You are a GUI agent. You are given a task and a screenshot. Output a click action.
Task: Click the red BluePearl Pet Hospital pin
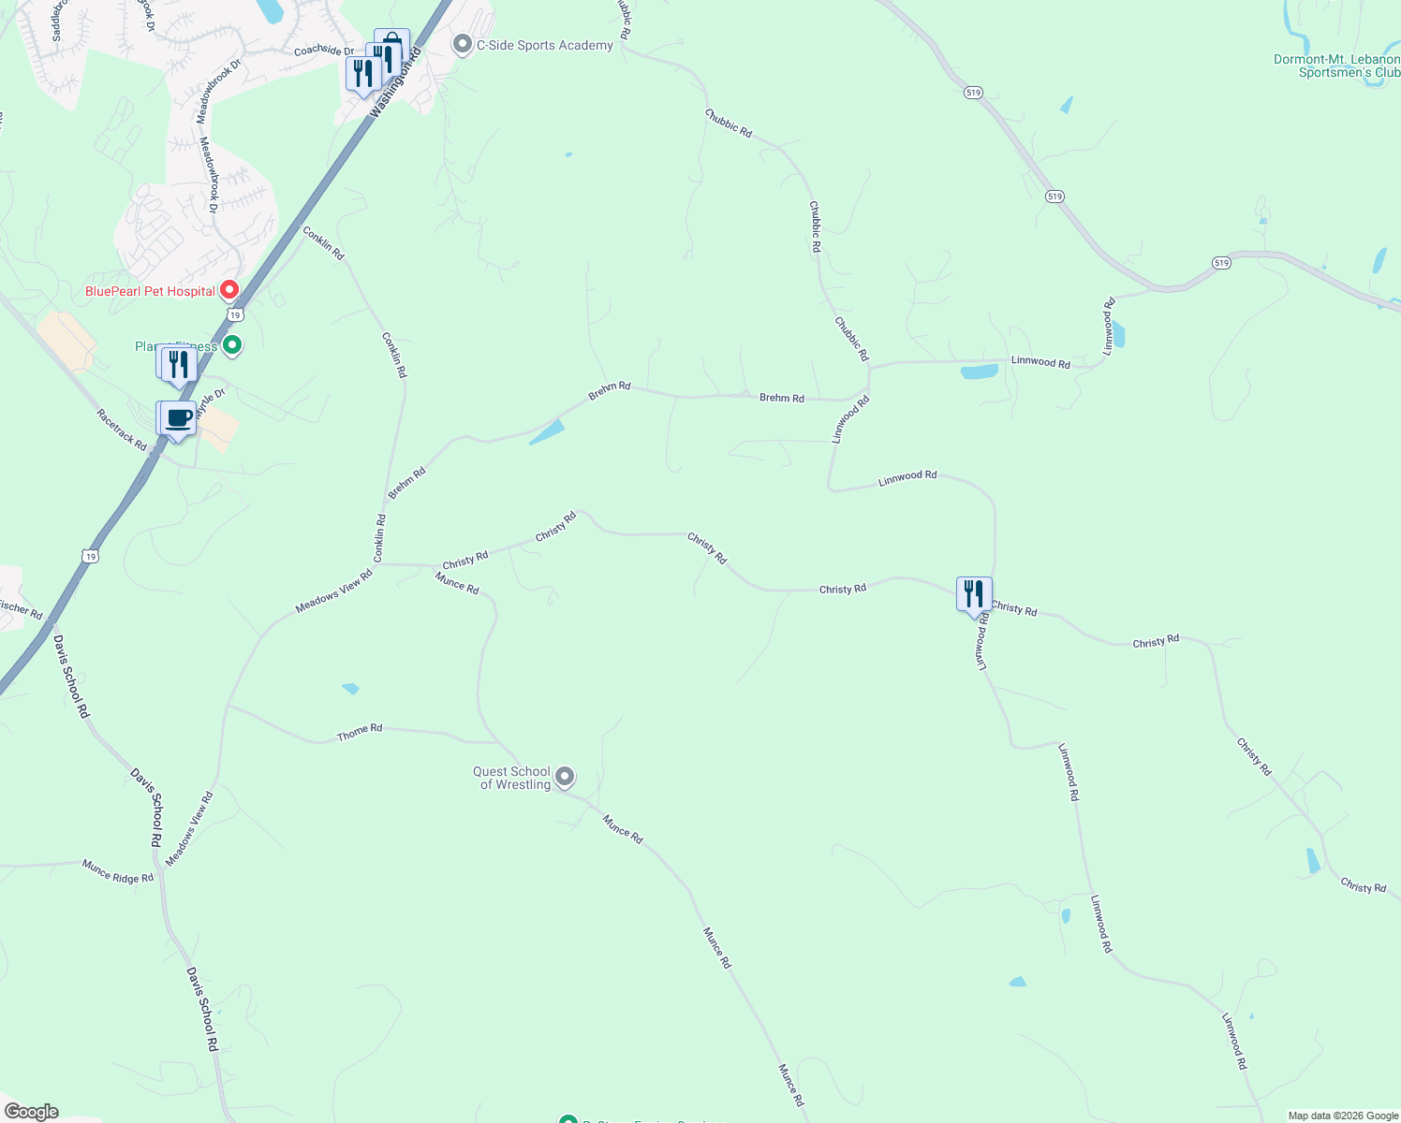tap(229, 290)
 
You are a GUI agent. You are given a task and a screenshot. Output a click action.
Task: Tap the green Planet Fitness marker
tap(233, 345)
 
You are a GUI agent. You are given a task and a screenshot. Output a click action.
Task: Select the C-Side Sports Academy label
tap(544, 45)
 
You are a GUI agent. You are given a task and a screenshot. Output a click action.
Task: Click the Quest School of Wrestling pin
tap(564, 776)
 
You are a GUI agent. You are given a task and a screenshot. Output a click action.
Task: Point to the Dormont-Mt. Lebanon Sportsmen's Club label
tap(1336, 66)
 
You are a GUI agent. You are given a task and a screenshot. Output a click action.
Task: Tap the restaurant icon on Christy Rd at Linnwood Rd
tap(974, 594)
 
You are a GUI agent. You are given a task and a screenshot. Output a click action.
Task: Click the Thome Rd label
tap(360, 733)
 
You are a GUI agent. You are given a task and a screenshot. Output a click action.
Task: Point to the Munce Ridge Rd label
tap(117, 871)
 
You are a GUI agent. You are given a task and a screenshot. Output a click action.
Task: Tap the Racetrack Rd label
tap(122, 430)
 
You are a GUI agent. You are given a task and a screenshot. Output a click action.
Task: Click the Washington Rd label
tap(395, 82)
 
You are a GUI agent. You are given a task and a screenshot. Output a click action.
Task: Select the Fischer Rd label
tap(21, 609)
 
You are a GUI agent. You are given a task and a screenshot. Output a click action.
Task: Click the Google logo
tap(31, 1111)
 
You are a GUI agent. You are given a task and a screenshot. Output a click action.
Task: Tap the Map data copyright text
tap(1343, 1116)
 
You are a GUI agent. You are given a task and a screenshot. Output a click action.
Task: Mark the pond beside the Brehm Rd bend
tap(547, 431)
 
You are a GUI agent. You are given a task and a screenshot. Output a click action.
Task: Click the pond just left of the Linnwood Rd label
tap(979, 372)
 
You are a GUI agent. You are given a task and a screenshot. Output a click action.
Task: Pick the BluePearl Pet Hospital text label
tap(150, 291)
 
